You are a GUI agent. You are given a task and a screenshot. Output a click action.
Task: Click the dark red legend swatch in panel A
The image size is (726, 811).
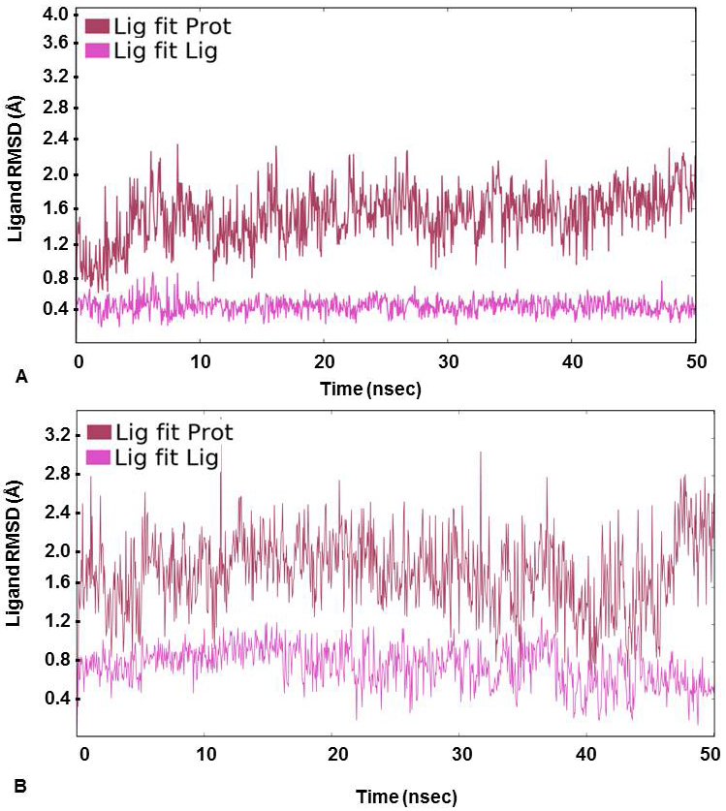[98, 26]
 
